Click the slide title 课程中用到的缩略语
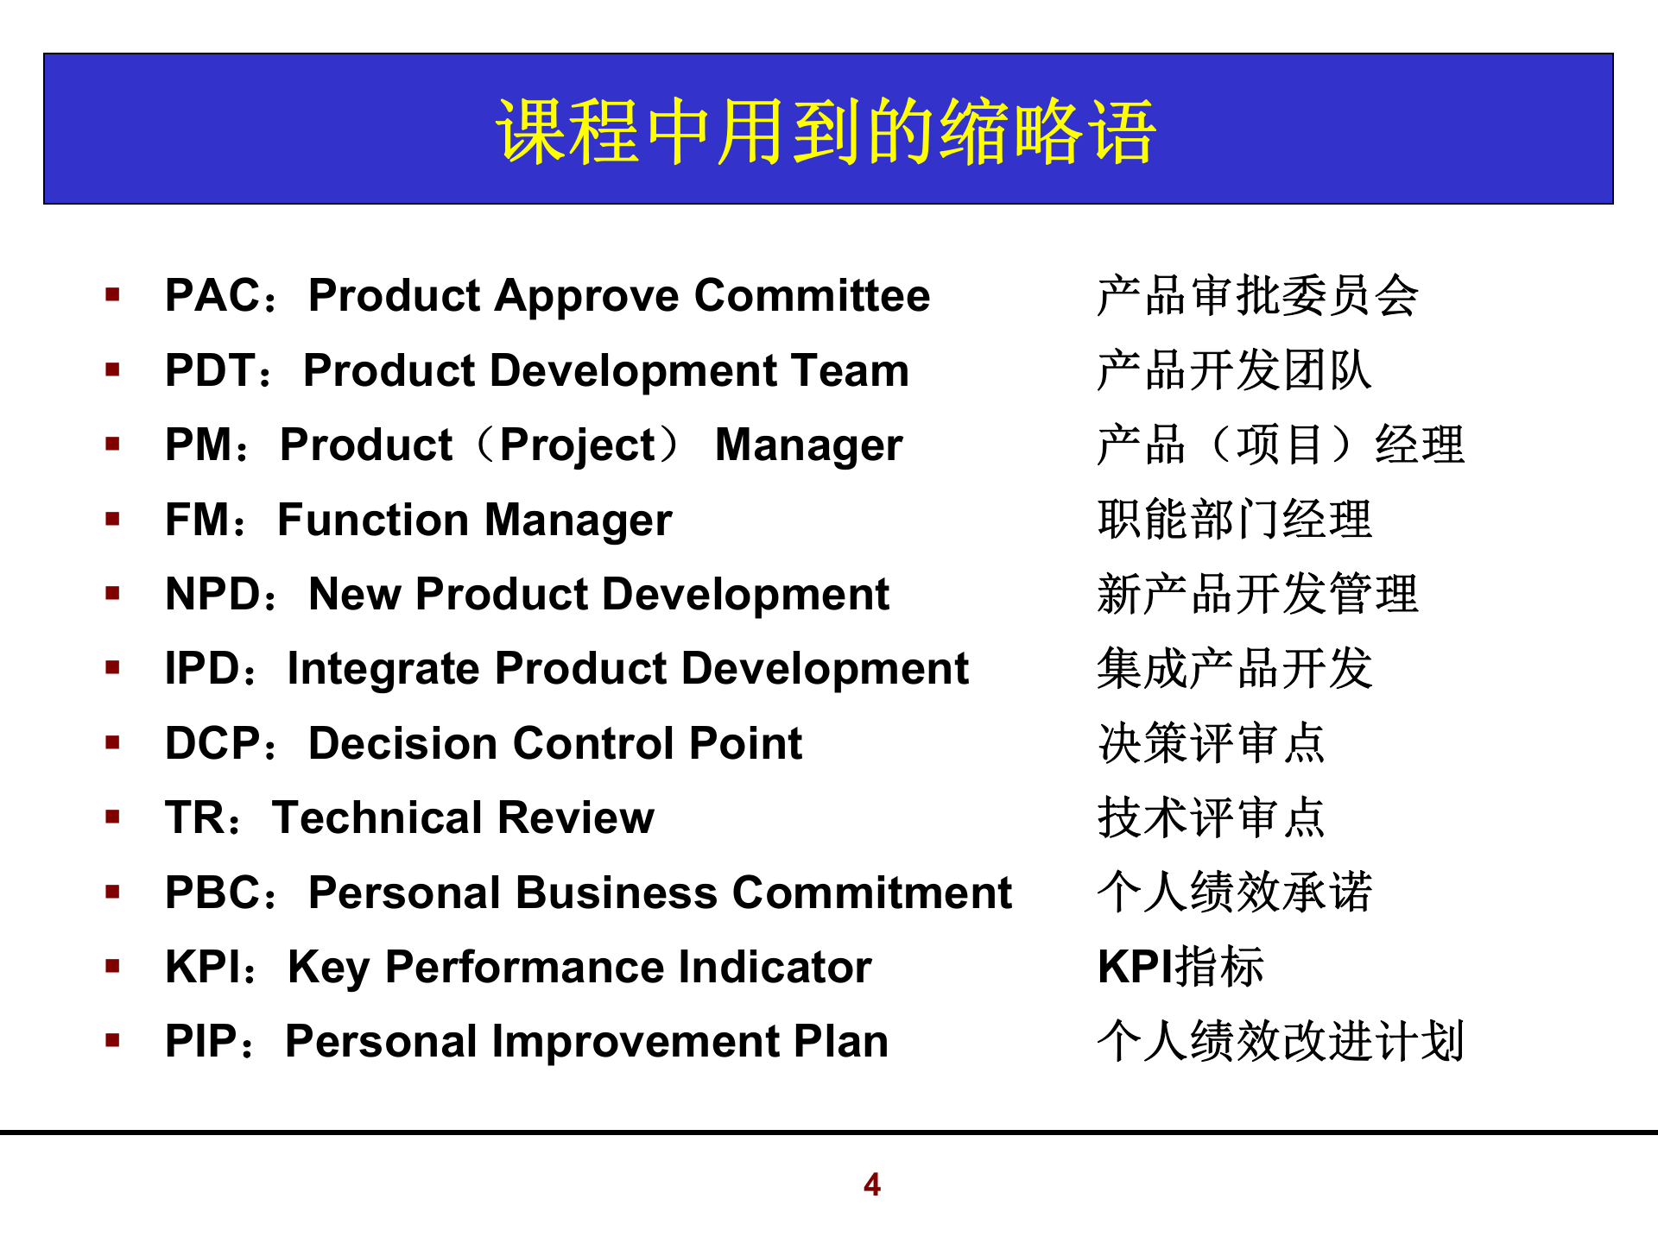pyautogui.click(x=826, y=131)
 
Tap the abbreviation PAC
pyautogui.click(x=212, y=295)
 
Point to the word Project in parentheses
pyautogui.click(x=578, y=445)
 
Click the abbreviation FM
pyautogui.click(x=198, y=520)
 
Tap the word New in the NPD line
pyautogui.click(x=354, y=594)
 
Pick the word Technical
pyautogui.click(x=376, y=817)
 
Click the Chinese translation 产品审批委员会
pyautogui.click(x=1256, y=295)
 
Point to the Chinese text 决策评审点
pyautogui.click(x=1211, y=743)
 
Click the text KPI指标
pyautogui.click(x=1180, y=967)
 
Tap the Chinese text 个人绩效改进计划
pyautogui.click(x=1280, y=1041)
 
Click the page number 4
pyautogui.click(x=872, y=1184)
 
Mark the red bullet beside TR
pyautogui.click(x=112, y=817)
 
